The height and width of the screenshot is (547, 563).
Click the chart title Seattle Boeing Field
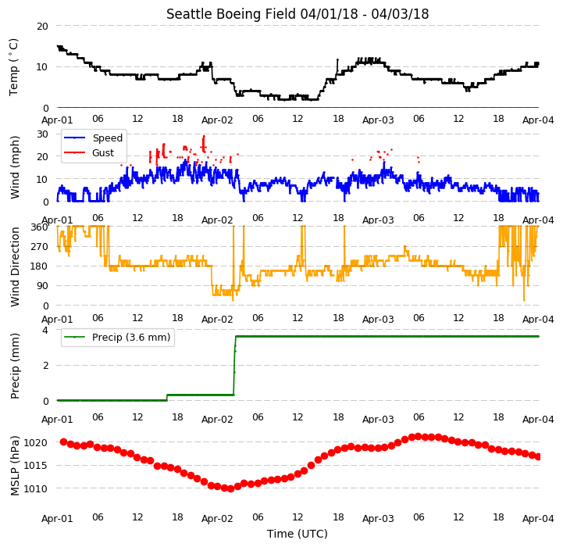coord(231,14)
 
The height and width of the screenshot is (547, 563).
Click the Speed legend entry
coord(93,138)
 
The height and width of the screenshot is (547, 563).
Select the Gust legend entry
coord(89,152)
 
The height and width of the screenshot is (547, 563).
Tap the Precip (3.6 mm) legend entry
coord(116,337)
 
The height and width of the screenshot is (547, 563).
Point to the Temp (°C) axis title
coord(13,67)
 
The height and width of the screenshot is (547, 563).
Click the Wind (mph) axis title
coord(14,167)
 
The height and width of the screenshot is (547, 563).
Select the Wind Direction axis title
coord(14,266)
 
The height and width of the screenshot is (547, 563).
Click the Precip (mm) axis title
coord(14,366)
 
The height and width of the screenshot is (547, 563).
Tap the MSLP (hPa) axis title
coord(14,466)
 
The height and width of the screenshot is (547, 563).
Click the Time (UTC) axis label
coord(298,534)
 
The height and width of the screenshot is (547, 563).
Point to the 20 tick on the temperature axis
coord(42,27)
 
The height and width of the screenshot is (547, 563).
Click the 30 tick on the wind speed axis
coord(42,134)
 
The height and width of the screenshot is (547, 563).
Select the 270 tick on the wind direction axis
coord(40,247)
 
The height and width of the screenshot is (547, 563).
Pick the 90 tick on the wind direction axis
coord(42,286)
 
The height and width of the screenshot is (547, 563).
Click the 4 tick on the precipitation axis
coord(45,330)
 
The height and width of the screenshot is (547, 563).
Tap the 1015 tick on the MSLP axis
coord(36,466)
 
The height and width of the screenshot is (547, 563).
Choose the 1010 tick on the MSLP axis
coord(36,488)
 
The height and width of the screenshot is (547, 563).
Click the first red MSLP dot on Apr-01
coord(64,442)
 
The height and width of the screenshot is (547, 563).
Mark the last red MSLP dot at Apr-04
coord(538,457)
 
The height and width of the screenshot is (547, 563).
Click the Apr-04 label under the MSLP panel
coord(538,519)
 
